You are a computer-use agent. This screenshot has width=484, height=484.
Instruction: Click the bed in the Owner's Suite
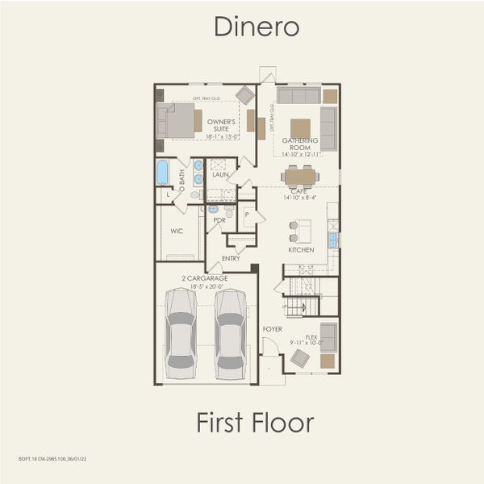coord(177,120)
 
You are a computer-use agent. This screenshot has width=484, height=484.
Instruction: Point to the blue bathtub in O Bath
coord(163,172)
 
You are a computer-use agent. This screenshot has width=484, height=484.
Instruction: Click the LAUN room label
coord(220,174)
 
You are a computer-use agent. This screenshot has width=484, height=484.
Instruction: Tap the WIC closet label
coord(177,231)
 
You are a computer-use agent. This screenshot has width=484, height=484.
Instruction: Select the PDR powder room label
coord(218,219)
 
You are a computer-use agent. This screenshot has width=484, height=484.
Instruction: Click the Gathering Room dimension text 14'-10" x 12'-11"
coord(299,153)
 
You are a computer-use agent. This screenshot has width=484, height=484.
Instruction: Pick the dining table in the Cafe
coord(299,176)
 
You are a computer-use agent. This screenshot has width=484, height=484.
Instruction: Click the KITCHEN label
coord(301,250)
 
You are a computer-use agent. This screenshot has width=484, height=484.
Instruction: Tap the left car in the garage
coord(181,332)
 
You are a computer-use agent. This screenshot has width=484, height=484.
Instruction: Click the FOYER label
coord(272,330)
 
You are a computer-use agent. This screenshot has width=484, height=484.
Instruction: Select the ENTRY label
coord(231,258)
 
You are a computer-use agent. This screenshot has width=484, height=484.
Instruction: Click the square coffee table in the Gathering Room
coord(300,128)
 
